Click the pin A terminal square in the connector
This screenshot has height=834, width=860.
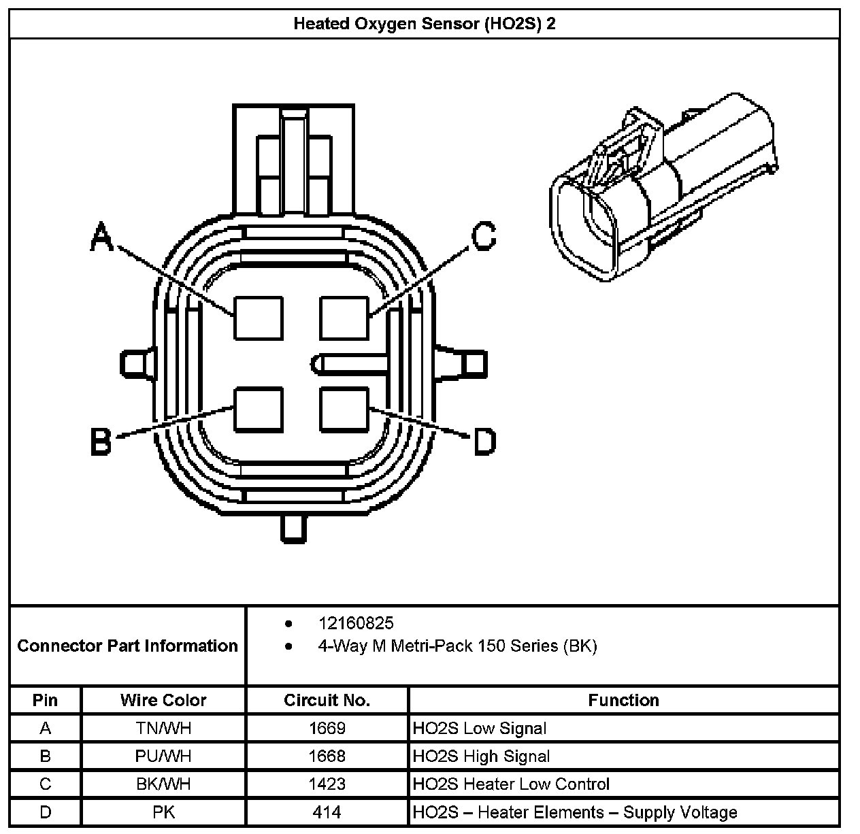259,318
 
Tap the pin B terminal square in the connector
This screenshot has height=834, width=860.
259,409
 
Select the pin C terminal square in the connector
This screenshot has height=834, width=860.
344,318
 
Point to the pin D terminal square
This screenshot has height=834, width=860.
344,409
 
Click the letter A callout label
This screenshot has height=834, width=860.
102,237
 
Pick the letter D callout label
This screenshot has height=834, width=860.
484,442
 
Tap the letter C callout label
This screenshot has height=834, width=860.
484,237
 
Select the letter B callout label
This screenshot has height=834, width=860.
101,442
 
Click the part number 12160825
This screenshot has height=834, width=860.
356,623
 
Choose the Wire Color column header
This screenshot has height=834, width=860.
163,700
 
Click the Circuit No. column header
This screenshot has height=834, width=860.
327,700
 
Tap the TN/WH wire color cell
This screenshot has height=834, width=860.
163,729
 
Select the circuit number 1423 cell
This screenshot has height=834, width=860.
327,784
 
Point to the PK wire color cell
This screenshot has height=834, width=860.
163,812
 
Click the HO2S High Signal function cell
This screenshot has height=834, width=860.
481,756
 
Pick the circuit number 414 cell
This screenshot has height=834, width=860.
327,812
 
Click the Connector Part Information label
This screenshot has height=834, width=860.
128,646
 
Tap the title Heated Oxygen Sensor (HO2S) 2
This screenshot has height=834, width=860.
425,24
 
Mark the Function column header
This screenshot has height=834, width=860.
623,700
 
